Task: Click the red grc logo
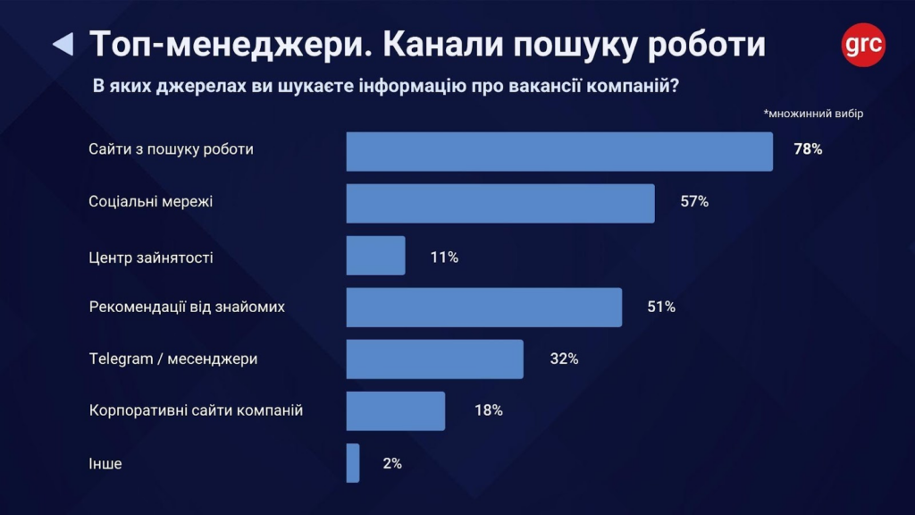pos(863,44)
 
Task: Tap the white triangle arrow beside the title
pos(63,44)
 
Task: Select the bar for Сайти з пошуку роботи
pos(559,151)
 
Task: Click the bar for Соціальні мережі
pos(500,203)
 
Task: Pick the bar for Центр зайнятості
pos(375,256)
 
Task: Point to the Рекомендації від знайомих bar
pos(483,308)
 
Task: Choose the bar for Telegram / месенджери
pos(434,359)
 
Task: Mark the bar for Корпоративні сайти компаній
pos(395,411)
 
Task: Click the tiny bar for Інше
pos(353,463)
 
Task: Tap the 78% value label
pos(808,149)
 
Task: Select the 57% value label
pos(694,202)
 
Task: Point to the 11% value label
pos(444,257)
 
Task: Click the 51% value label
pos(661,308)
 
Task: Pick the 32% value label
pos(564,359)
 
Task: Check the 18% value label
pos(488,411)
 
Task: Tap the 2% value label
pos(390,464)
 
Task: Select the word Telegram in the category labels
pos(117,359)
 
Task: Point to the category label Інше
pos(105,464)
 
